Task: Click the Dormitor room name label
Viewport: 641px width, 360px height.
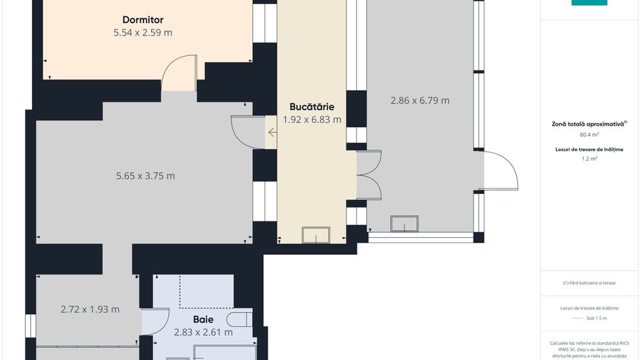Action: tap(143, 20)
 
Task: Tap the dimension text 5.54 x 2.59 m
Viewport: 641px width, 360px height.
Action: tap(143, 32)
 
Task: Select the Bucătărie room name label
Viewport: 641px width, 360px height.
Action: tap(311, 107)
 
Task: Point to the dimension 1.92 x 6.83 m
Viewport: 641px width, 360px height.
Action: tap(312, 120)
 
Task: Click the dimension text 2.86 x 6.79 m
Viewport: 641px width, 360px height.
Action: tap(420, 100)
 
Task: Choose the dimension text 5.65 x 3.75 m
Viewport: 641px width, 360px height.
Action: tap(146, 176)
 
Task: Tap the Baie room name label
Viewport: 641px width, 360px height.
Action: tap(203, 319)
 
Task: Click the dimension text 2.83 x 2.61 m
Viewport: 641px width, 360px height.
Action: tap(203, 332)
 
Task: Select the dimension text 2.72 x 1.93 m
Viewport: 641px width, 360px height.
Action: tap(90, 309)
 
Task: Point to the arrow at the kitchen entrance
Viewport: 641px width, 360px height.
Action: tap(273, 132)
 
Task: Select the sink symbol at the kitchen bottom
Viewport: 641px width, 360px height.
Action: tap(315, 235)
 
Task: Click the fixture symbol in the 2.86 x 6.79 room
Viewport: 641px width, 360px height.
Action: tap(404, 224)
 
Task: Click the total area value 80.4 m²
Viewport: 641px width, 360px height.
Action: tap(589, 135)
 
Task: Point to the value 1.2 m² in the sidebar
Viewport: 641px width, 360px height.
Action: tap(589, 158)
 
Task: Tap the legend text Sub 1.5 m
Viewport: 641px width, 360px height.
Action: tap(597, 318)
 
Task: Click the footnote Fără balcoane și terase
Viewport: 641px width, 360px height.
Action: tap(589, 283)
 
